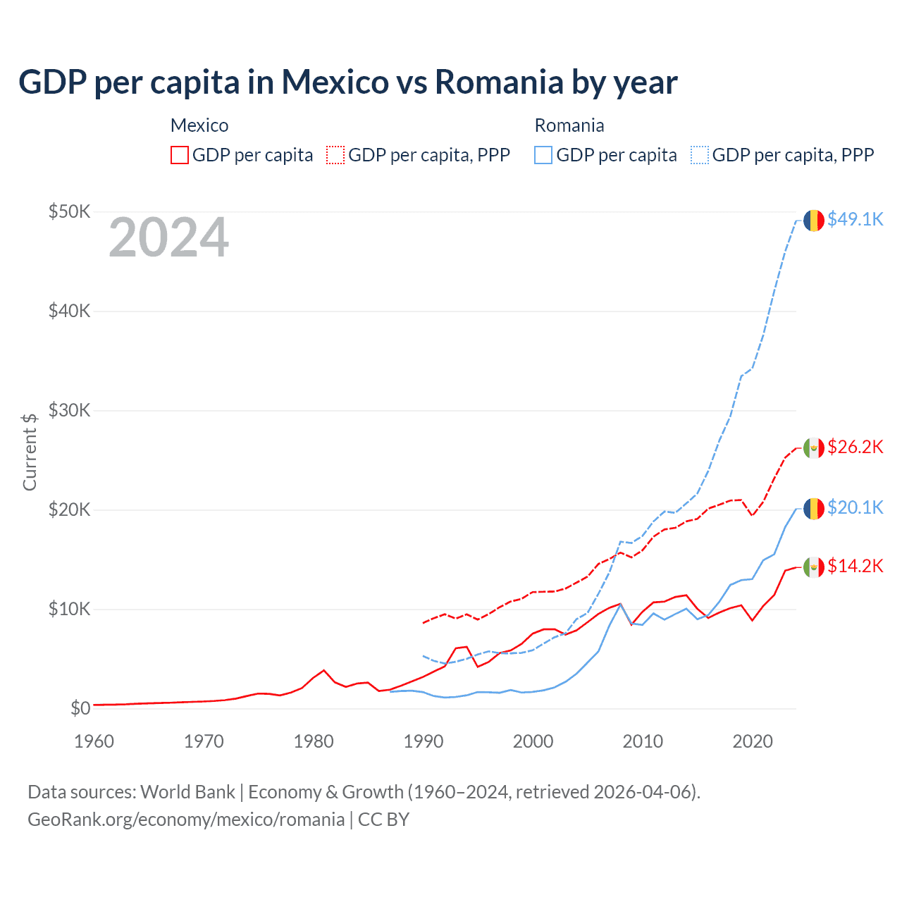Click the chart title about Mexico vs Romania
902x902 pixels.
pos(347,82)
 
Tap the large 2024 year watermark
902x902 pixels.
pos(168,237)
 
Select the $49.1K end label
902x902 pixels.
pos(855,219)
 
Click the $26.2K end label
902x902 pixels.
pos(855,447)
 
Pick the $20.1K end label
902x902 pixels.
pos(855,507)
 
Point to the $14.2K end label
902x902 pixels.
pos(855,566)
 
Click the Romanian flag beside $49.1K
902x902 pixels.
pos(814,220)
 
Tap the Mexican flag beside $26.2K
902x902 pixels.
pos(814,447)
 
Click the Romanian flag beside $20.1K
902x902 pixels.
pos(814,508)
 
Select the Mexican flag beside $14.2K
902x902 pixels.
pos(814,567)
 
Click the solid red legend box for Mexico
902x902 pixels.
pos(180,155)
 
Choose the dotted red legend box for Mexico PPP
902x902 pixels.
pos(335,155)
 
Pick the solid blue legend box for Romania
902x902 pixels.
pos(543,155)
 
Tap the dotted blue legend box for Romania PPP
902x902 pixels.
pos(700,155)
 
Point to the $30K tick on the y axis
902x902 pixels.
pos(69,410)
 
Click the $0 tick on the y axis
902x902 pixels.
pos(80,708)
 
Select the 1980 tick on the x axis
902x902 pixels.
pos(314,741)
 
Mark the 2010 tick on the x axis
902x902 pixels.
pos(643,741)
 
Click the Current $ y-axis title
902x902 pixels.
pos(30,452)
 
